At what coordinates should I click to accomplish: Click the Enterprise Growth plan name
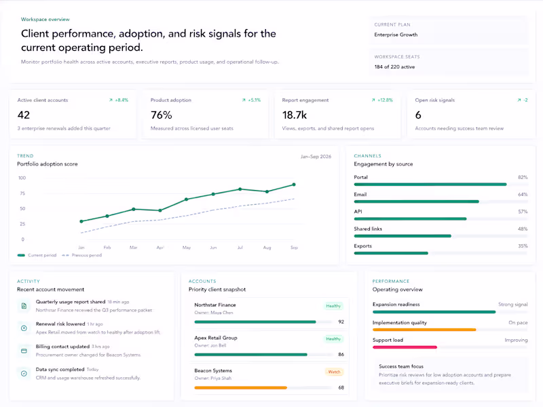pyautogui.click(x=396, y=35)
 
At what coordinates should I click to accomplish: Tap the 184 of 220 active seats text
pyautogui.click(x=394, y=66)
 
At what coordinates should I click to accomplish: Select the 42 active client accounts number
pyautogui.click(x=24, y=115)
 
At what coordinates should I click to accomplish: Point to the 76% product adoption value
pyautogui.click(x=161, y=115)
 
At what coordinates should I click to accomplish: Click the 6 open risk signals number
pyautogui.click(x=418, y=115)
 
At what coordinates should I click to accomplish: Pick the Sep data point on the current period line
pyautogui.click(x=293, y=185)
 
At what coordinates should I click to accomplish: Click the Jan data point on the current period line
pyautogui.click(x=81, y=221)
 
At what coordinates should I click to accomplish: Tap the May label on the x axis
pyautogui.click(x=187, y=248)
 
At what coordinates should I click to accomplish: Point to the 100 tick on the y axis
pyautogui.click(x=22, y=178)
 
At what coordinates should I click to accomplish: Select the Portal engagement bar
pyautogui.click(x=430, y=184)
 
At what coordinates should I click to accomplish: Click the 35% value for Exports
pyautogui.click(x=522, y=246)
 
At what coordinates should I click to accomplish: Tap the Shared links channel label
pyautogui.click(x=367, y=229)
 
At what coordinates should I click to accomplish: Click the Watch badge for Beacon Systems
pyautogui.click(x=334, y=372)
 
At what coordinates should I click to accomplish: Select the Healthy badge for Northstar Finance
pyautogui.click(x=333, y=306)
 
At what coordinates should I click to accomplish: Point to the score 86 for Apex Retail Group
pyautogui.click(x=341, y=355)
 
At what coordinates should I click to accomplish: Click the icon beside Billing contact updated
pyautogui.click(x=24, y=351)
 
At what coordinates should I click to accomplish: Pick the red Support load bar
pyautogui.click(x=405, y=347)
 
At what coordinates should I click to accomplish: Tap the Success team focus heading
pyautogui.click(x=400, y=366)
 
